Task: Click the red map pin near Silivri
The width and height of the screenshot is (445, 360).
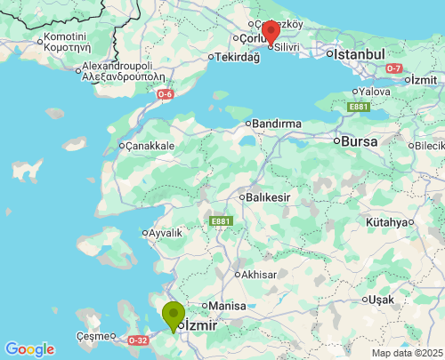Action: coord(271,32)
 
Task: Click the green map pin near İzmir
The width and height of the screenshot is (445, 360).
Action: coord(173,316)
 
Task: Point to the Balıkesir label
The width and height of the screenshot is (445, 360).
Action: coord(271,196)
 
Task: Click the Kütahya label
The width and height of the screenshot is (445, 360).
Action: coord(389,222)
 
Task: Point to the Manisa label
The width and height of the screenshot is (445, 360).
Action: coord(228,306)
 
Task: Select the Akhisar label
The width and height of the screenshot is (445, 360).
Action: coord(258,276)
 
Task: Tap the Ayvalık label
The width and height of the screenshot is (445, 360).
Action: coord(165,233)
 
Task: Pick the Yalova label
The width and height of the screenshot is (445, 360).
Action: coord(376,92)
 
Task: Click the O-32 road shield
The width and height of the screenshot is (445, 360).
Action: coord(138,340)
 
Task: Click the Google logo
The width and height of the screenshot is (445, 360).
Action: coord(29,349)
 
